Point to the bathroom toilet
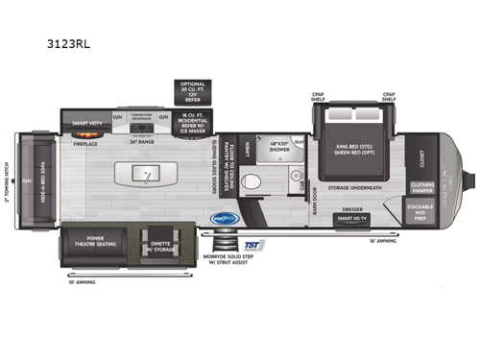[x=252, y=180]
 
